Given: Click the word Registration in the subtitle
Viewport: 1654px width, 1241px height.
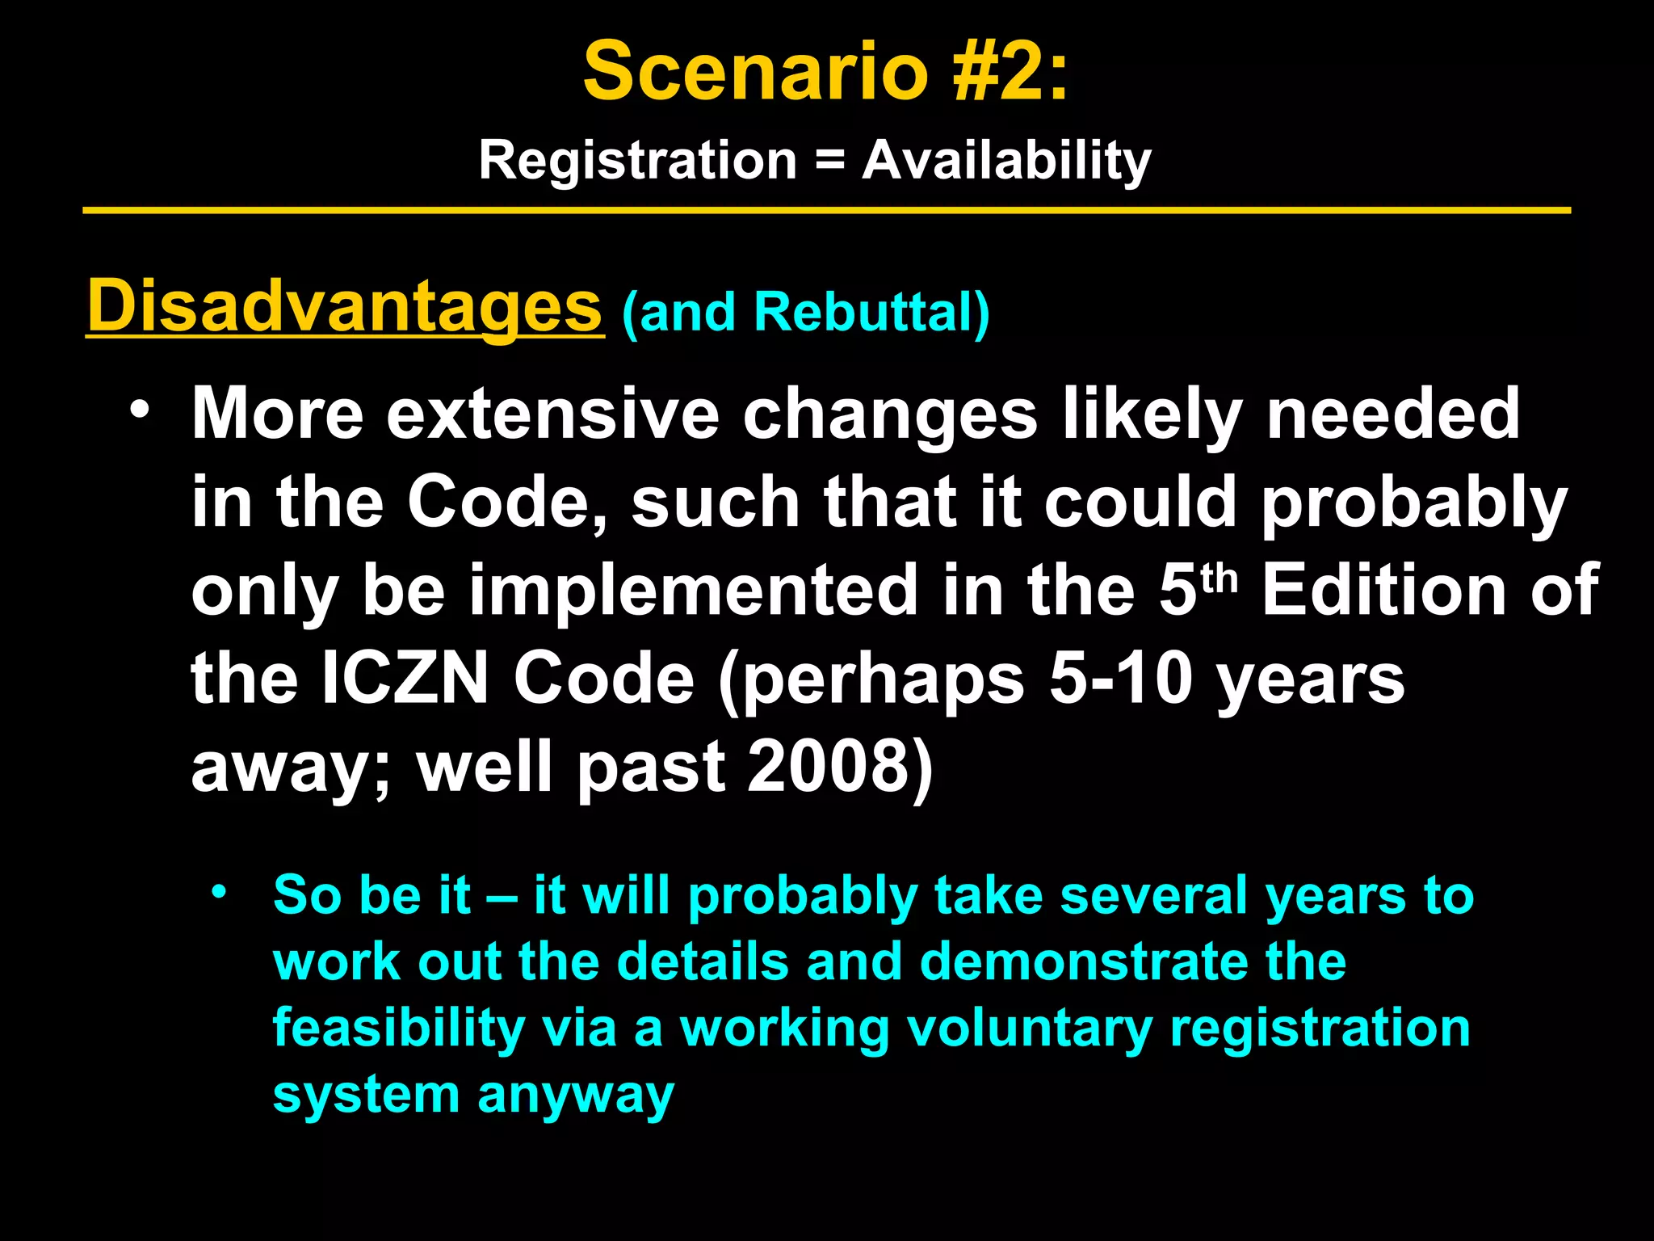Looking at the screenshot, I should click(x=638, y=160).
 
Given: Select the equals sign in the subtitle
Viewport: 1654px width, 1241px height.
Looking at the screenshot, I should click(x=829, y=160).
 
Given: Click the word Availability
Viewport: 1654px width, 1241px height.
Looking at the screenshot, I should click(x=1006, y=160).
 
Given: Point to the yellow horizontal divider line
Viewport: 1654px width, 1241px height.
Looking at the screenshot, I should click(x=827, y=211).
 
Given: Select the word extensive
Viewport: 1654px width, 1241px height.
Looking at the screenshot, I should click(x=552, y=414).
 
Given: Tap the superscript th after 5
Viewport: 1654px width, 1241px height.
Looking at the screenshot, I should click(x=1218, y=579).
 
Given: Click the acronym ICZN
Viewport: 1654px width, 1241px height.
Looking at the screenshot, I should click(x=405, y=679).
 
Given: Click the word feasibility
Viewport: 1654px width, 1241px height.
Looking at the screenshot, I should click(x=399, y=1028).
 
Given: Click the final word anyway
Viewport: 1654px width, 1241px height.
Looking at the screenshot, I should click(x=575, y=1096).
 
